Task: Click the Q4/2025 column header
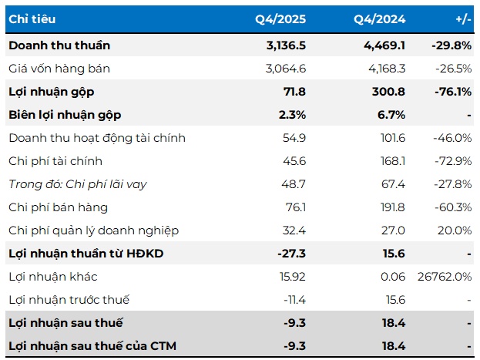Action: click(x=280, y=19)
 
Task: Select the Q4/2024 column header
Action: click(x=380, y=19)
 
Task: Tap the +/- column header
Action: click(x=463, y=19)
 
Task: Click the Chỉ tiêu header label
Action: click(x=32, y=19)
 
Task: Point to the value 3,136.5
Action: click(x=286, y=45)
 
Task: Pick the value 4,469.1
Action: click(x=384, y=45)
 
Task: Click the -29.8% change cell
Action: click(x=451, y=45)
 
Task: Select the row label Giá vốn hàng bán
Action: click(x=59, y=69)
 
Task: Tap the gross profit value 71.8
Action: click(x=294, y=92)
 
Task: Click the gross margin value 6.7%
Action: click(x=391, y=115)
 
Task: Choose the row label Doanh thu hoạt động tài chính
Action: click(x=97, y=138)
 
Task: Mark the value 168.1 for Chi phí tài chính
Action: click(x=393, y=161)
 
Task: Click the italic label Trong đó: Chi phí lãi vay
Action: click(x=78, y=184)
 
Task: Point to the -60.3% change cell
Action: click(x=453, y=207)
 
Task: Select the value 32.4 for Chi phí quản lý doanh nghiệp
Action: click(x=294, y=230)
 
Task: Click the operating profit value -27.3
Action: click(x=291, y=254)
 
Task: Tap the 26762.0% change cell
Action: click(x=445, y=277)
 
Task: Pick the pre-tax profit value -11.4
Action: click(x=294, y=300)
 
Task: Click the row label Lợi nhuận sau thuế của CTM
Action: click(x=92, y=346)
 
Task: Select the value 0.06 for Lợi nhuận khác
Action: click(x=393, y=277)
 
